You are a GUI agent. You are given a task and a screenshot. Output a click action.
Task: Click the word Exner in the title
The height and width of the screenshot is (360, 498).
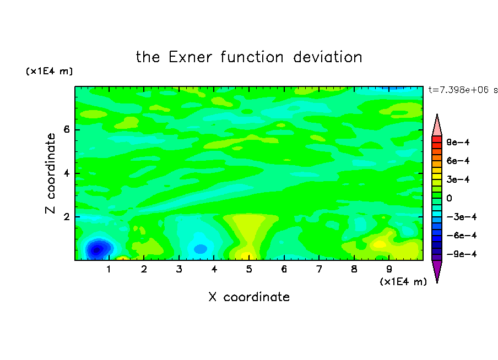pos(190,57)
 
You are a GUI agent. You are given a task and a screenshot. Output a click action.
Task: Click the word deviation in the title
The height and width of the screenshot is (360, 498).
pos(327,57)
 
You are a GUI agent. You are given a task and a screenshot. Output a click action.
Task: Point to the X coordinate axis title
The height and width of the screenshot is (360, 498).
pos(249,297)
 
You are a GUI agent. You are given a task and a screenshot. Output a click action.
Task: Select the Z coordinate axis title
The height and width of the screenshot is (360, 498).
pos(50,173)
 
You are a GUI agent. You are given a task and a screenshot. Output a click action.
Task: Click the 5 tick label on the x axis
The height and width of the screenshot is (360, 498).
pos(249,269)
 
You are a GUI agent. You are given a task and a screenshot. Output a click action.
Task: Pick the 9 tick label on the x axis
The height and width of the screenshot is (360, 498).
pos(389,269)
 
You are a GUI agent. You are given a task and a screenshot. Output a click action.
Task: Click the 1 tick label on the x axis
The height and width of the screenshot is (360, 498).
pos(109,269)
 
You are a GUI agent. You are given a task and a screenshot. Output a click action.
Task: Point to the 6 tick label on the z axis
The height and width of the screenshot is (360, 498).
pos(66,129)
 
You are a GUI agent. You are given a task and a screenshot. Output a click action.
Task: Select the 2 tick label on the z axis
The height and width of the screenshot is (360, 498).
pos(66,217)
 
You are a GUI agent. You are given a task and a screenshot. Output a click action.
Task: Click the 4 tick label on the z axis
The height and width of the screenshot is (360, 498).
pos(66,173)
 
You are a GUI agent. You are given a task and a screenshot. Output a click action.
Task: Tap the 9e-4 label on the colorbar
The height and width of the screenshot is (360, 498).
pos(458,142)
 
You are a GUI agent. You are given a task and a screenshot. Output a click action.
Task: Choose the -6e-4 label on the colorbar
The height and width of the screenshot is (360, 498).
pos(461,236)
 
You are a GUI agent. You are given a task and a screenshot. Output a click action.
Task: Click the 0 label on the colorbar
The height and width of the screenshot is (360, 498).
pos(449,198)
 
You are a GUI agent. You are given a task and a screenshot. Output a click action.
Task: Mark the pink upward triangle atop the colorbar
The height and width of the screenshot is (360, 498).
pos(437,126)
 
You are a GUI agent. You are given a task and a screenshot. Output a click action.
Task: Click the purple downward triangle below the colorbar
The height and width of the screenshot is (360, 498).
pos(437,270)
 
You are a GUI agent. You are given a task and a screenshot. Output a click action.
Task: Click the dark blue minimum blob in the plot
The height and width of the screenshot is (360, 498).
pos(98,249)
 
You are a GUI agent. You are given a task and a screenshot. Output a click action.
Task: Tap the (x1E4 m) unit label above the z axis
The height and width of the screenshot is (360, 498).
pos(49,71)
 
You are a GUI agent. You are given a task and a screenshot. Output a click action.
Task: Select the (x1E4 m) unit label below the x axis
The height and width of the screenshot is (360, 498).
pos(403,282)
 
